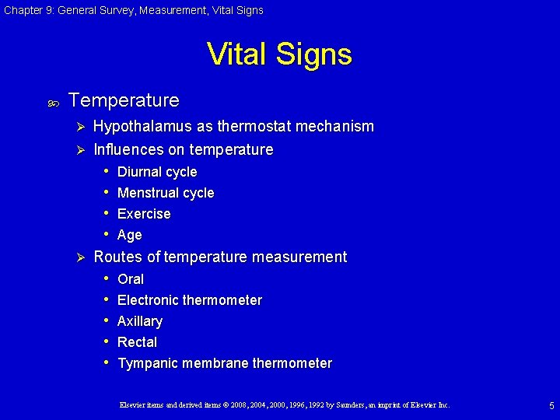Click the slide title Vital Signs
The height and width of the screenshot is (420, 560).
(x=279, y=54)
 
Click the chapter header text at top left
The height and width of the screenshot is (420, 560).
(x=132, y=10)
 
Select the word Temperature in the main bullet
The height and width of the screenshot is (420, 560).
(x=124, y=100)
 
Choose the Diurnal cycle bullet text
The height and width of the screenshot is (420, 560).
(x=157, y=172)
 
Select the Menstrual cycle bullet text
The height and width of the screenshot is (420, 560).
(x=166, y=193)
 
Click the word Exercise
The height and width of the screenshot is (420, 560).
(x=144, y=214)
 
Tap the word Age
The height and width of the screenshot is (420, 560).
(x=130, y=235)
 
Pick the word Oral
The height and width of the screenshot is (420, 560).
(x=131, y=279)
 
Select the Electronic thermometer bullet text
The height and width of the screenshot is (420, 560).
(x=190, y=300)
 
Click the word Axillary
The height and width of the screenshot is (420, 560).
(x=140, y=321)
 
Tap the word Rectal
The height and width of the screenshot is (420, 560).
(x=138, y=342)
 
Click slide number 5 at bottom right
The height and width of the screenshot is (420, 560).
(x=551, y=405)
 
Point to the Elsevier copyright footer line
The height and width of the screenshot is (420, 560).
(x=284, y=405)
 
